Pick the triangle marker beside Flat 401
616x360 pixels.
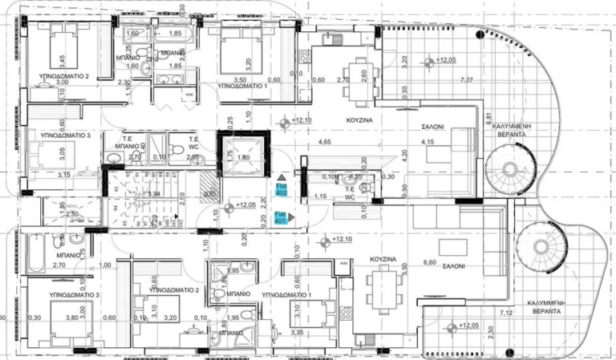[294, 216]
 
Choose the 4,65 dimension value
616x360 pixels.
[324, 142]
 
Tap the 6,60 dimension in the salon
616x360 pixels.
[429, 261]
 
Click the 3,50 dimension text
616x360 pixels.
[240, 79]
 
